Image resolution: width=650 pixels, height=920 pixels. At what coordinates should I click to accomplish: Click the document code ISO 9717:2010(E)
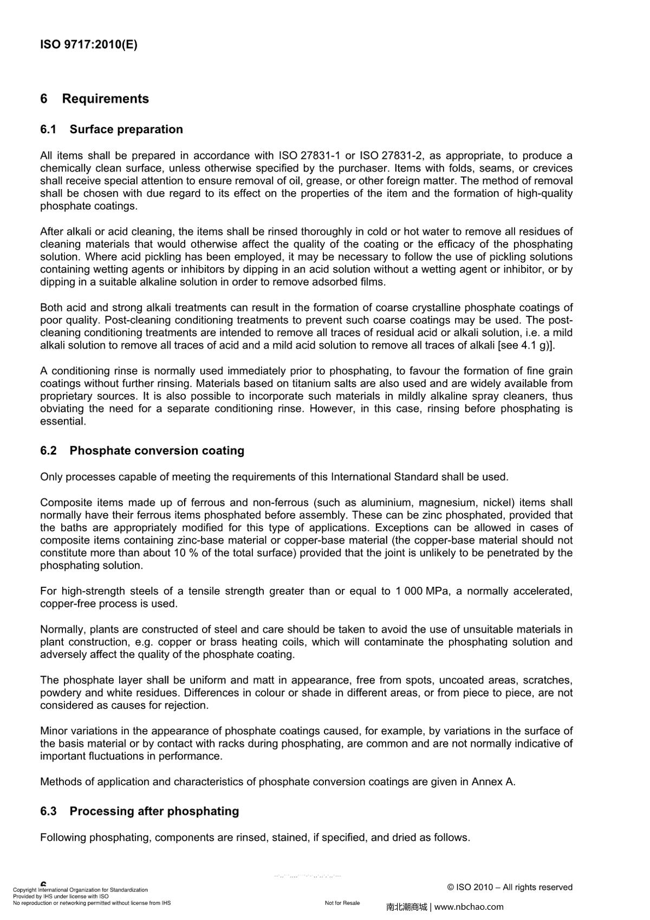89,44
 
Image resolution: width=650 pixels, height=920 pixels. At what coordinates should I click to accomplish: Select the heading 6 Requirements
94,99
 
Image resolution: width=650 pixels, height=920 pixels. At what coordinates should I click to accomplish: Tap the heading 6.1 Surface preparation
111,129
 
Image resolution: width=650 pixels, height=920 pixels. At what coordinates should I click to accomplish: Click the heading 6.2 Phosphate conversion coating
142,451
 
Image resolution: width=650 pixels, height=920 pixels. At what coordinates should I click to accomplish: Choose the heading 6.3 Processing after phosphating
139,811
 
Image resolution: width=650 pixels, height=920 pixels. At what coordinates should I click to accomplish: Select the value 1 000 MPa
422,591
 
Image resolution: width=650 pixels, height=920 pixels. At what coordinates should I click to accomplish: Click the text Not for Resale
342,903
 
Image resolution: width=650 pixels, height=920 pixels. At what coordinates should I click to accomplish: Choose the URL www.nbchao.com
469,906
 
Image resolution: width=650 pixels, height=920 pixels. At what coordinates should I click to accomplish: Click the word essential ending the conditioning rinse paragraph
63,421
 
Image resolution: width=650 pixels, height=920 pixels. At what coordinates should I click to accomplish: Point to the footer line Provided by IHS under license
61,897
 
